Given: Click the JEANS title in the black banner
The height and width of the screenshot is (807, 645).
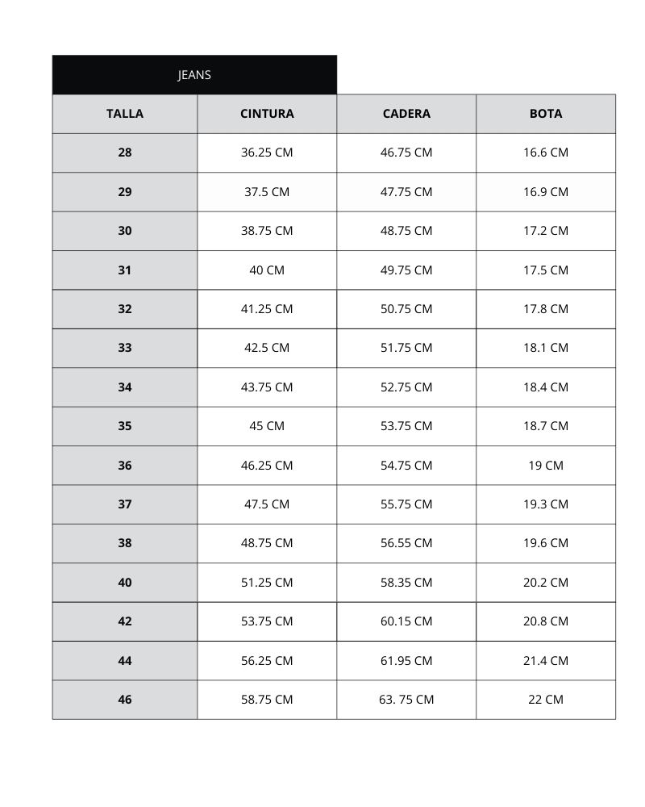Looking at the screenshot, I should (194, 75).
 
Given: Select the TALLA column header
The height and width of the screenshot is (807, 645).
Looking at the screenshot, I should (125, 114).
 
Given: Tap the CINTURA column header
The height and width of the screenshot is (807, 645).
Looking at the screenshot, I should (267, 114).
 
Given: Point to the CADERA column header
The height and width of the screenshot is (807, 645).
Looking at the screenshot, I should (406, 114).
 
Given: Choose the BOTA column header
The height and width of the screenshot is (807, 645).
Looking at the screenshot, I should (546, 114).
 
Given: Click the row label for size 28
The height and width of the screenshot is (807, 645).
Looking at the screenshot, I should (125, 153).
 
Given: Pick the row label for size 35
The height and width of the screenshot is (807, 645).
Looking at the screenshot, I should (125, 426).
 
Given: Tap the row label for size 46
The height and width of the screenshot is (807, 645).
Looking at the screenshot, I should (125, 700).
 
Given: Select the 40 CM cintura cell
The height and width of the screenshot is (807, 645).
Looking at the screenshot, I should (267, 270).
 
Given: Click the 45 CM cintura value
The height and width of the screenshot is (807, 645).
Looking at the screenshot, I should (267, 426).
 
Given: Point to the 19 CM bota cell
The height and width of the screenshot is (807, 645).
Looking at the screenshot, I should (546, 466).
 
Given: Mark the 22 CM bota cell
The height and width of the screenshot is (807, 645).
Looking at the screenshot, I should (546, 700).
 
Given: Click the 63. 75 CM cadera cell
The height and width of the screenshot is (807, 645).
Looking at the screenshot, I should (406, 700).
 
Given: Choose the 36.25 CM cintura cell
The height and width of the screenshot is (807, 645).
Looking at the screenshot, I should (267, 153).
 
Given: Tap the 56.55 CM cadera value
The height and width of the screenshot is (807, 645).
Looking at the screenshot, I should (406, 543).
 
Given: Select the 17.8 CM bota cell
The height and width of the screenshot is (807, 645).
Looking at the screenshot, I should (546, 309).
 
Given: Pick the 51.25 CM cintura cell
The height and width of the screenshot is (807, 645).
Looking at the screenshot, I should (267, 583).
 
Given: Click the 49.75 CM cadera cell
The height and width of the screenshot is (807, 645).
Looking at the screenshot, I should (406, 270).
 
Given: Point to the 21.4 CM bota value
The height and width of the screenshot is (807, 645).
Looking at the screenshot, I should (546, 661).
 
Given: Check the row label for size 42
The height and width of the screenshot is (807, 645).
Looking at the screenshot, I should (125, 621).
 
